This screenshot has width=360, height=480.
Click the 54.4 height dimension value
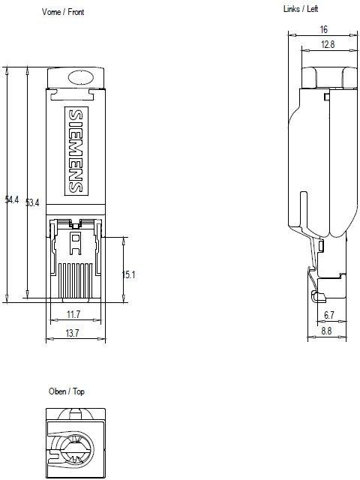click(x=11, y=199)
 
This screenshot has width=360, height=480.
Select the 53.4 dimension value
click(x=32, y=202)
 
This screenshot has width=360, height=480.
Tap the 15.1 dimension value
click(x=128, y=274)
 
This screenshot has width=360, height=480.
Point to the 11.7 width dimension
click(x=73, y=314)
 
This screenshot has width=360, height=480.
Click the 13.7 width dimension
click(x=73, y=332)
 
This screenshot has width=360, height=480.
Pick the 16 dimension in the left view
click(x=323, y=29)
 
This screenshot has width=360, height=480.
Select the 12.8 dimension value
click(x=327, y=45)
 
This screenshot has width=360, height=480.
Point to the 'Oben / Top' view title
click(x=67, y=391)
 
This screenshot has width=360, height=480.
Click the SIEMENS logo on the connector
click(x=76, y=150)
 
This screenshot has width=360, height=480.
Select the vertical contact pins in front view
click(x=75, y=278)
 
